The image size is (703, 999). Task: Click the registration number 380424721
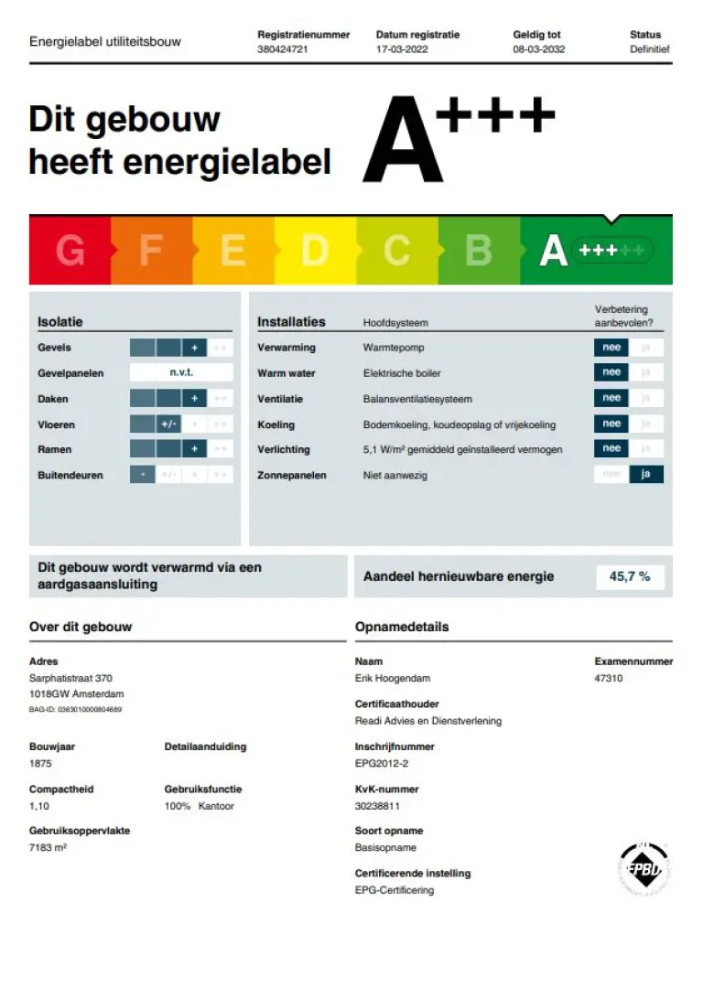283,49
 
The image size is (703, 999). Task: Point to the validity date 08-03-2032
538,49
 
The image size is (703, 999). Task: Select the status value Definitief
650,49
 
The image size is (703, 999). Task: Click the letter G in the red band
70,250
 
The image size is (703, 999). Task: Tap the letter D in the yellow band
314,250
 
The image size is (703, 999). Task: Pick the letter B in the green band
479,250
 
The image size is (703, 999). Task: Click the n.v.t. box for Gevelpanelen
181,372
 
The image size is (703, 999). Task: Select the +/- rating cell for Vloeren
168,424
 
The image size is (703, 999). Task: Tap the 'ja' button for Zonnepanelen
646,475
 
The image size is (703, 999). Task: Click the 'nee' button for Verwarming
611,348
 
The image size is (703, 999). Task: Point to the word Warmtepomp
394,348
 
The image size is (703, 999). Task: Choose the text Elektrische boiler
403,373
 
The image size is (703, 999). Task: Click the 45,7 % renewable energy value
630,576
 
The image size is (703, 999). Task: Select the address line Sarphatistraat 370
71,679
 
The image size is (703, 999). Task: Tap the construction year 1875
40,763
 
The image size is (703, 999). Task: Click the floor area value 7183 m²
49,847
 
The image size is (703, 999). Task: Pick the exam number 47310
609,679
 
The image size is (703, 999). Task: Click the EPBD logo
645,869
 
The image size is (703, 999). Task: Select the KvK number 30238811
377,806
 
